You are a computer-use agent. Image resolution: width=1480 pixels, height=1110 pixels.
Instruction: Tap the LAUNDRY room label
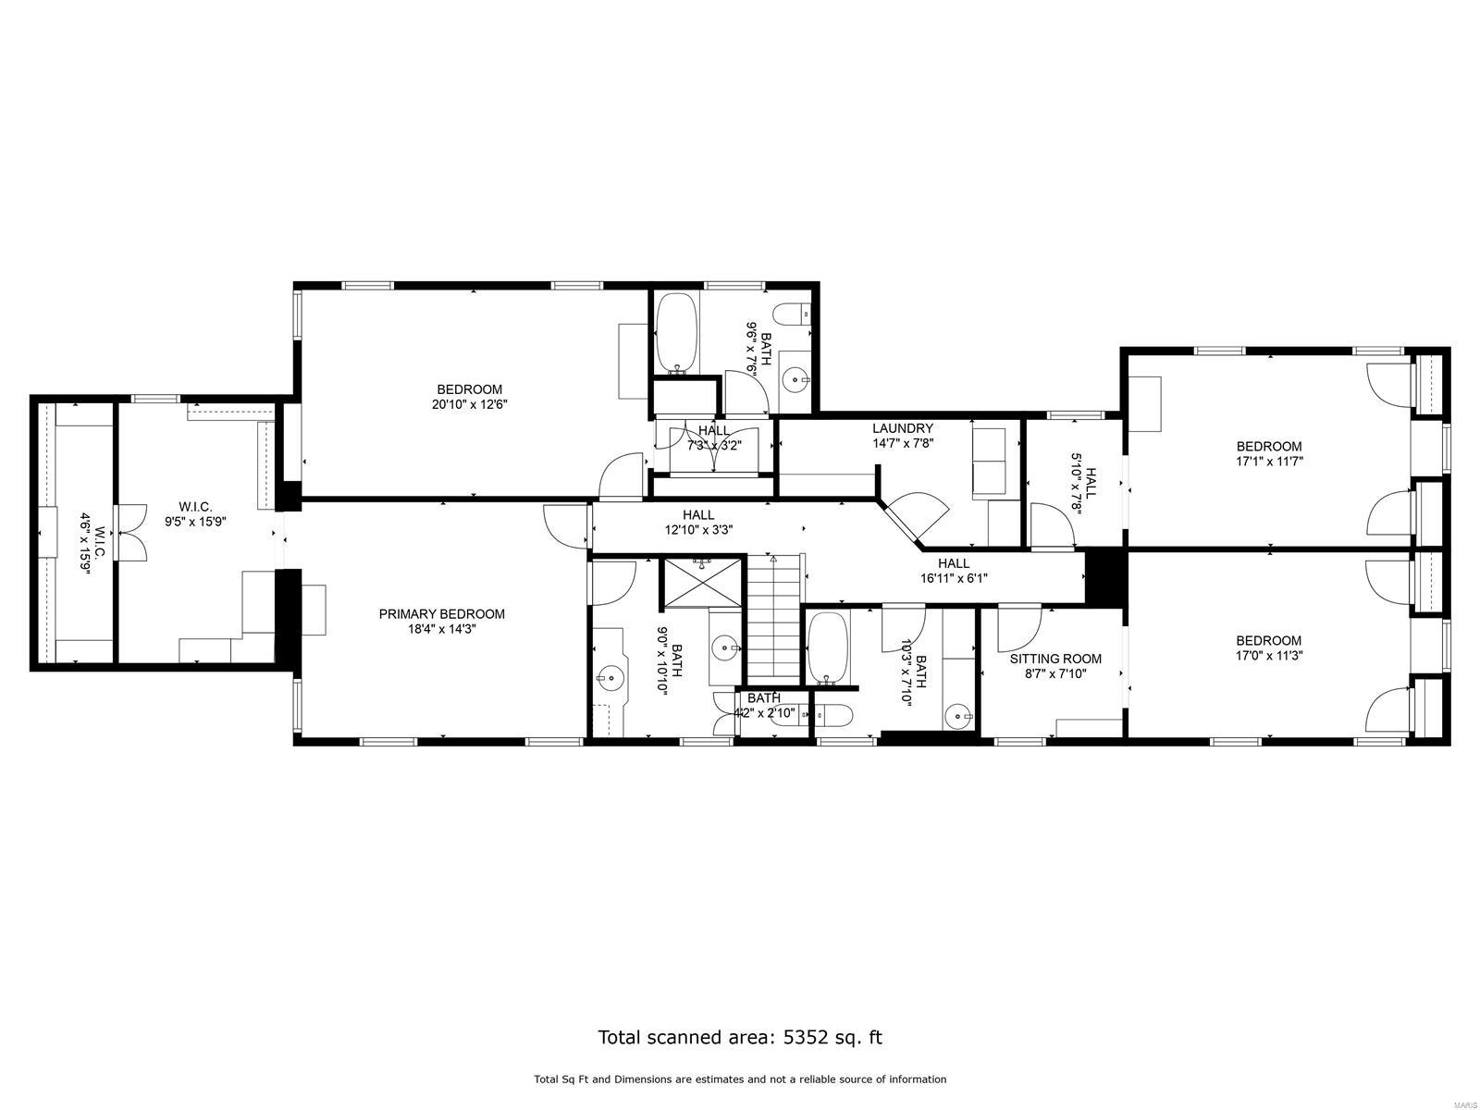(x=903, y=428)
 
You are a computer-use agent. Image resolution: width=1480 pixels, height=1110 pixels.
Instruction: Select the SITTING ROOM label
(x=1055, y=659)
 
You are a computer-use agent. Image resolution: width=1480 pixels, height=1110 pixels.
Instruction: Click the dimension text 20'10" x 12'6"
(x=470, y=404)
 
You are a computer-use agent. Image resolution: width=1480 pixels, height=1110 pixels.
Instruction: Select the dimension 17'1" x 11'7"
(x=1269, y=462)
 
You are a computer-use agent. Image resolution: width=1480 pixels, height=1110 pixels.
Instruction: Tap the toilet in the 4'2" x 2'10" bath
(x=832, y=714)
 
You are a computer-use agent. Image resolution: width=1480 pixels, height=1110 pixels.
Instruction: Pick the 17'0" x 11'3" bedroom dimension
(x=1269, y=656)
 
